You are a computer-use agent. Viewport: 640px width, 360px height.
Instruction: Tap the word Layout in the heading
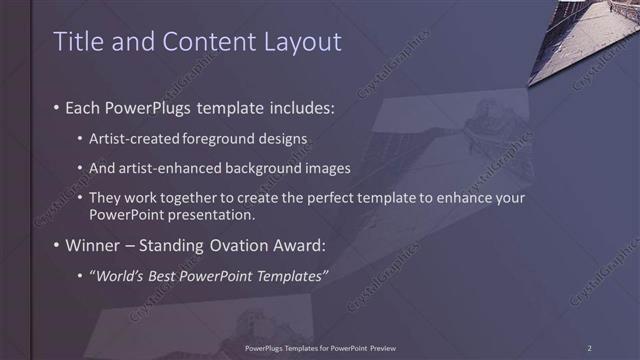[x=299, y=41]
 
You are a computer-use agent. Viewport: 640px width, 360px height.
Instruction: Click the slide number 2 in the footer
[x=589, y=348]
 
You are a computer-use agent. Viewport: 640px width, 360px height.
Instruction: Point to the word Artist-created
[x=127, y=135]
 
